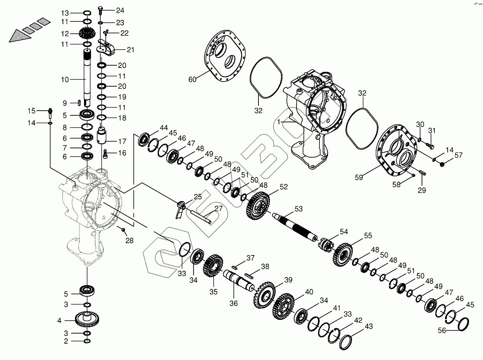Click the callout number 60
192,80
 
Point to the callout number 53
298,209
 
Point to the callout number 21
130,49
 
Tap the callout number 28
129,240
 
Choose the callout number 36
233,303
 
